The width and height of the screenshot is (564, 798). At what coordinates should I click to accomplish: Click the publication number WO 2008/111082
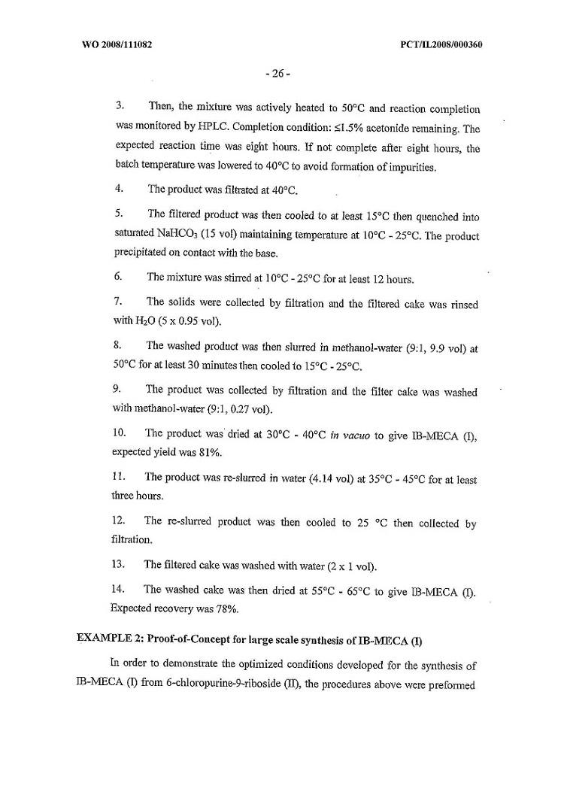tap(117, 44)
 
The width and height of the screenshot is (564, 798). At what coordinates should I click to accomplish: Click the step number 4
tap(117, 190)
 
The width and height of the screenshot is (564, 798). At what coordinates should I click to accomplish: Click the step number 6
tap(117, 277)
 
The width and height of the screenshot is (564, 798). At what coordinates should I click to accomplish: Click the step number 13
tap(117, 565)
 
